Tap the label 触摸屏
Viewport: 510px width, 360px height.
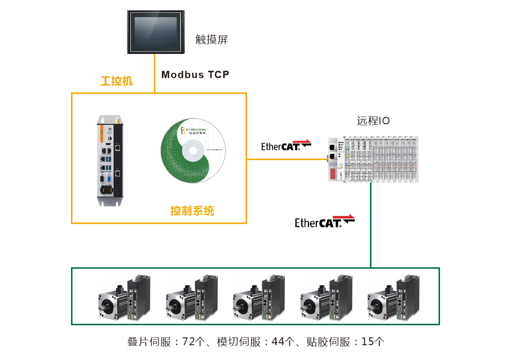[x=211, y=40]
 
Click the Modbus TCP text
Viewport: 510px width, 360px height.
[x=195, y=74]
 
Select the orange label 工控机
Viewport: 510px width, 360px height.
[x=116, y=81]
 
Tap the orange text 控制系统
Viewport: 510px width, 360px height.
[x=192, y=211]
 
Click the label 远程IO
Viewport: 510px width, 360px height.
[x=373, y=120]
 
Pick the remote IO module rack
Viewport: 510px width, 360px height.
[x=374, y=159]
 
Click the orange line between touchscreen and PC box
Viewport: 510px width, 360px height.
[x=155, y=73]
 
